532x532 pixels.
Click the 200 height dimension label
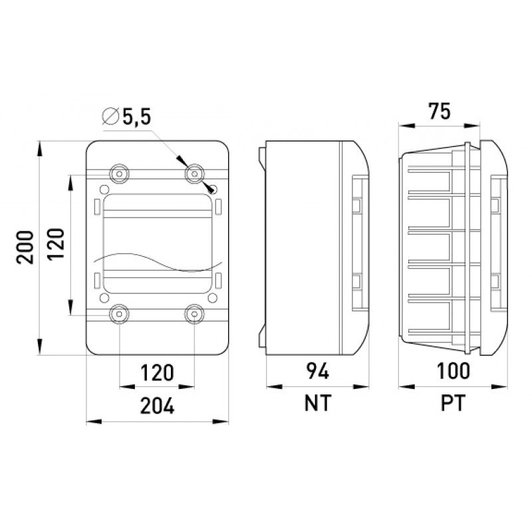(25, 247)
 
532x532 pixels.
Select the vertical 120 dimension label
(55, 244)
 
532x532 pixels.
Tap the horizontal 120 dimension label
(157, 372)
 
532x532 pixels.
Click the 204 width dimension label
(158, 406)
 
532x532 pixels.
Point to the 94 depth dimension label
(318, 371)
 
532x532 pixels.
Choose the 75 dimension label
(440, 111)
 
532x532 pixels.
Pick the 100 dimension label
(454, 371)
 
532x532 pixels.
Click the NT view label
(318, 403)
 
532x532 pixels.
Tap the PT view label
(454, 403)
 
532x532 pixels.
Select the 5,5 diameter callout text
(137, 118)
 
